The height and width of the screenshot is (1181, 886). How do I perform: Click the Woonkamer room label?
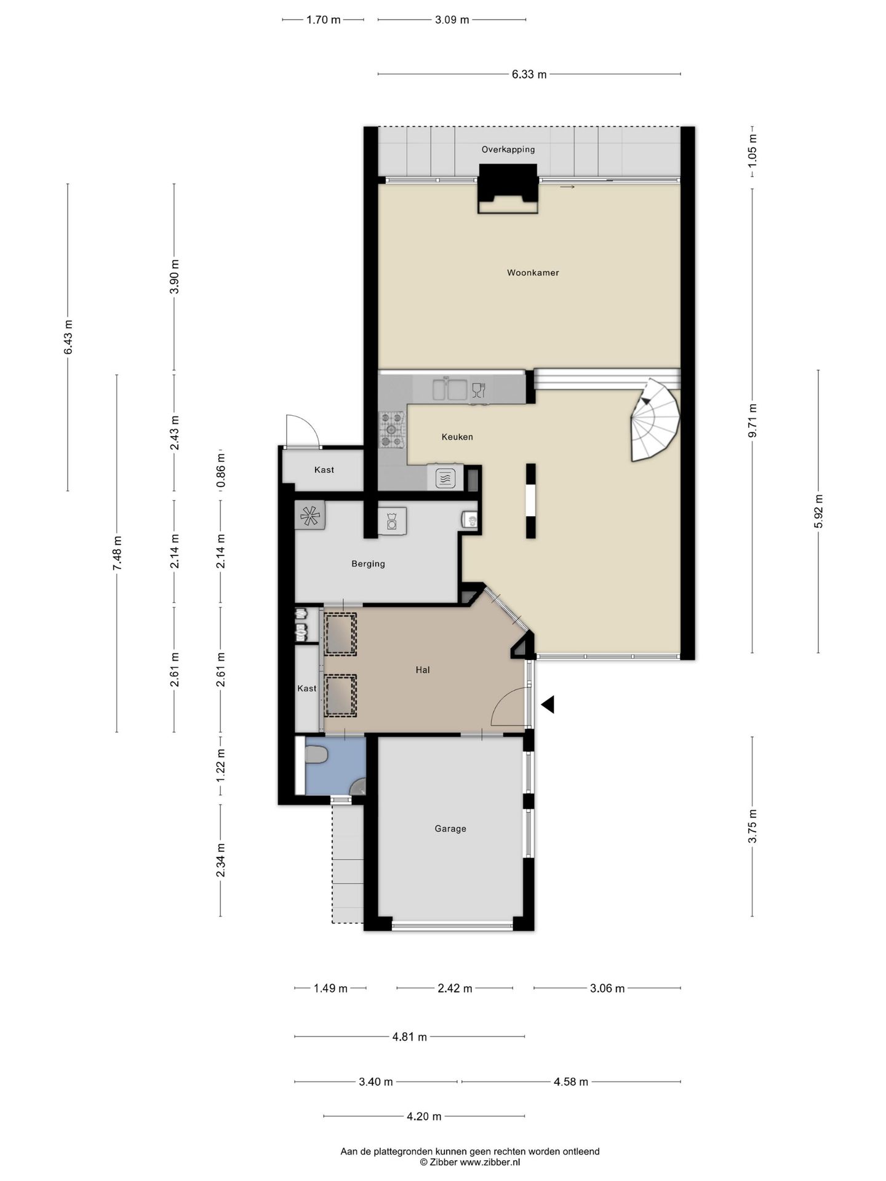533,272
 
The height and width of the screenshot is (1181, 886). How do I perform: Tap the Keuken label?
457,437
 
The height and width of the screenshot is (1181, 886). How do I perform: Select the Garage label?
450,829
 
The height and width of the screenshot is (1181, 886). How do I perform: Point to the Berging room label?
368,563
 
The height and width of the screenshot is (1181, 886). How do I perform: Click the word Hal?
423,670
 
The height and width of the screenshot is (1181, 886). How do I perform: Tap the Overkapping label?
508,149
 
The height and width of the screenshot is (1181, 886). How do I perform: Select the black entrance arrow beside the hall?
548,704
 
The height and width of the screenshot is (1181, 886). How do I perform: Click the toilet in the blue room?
316,755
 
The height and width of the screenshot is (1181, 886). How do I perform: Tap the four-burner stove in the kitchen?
393,429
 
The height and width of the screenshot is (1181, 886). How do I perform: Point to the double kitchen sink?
449,389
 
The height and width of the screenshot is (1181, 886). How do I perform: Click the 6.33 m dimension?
529,74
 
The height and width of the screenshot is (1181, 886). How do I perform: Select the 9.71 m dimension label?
752,421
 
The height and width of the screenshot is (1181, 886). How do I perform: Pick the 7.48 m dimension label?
117,553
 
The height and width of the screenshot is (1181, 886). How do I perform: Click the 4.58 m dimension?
571,1081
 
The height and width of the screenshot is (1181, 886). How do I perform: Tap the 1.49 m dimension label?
330,988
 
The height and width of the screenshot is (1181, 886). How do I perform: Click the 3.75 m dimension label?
752,827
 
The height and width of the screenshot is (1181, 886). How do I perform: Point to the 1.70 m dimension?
323,20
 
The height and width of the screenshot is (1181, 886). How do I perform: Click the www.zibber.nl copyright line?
470,1162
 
